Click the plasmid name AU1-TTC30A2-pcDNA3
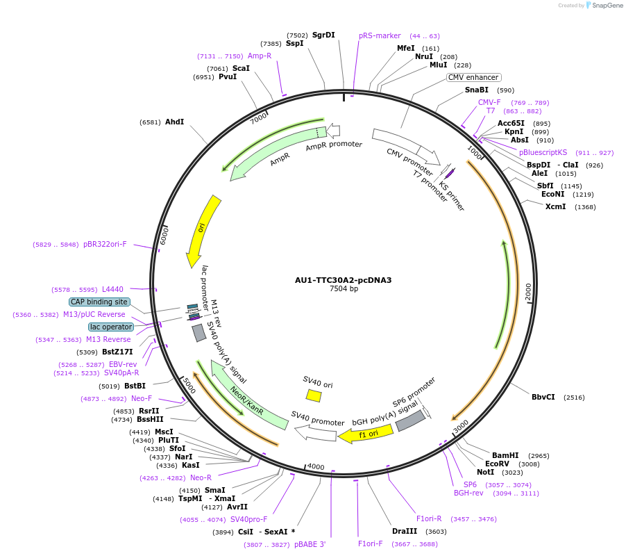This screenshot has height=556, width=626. point(343,280)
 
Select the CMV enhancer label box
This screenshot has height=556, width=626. point(473,78)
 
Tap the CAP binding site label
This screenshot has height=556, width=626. point(99,302)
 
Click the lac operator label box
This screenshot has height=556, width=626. point(111,327)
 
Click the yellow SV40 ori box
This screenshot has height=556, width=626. point(314,395)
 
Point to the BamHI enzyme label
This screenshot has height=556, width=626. point(505,455)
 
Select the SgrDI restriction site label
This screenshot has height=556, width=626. point(323,35)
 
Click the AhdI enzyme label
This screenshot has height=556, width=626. point(174,122)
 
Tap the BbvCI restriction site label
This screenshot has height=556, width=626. point(543,398)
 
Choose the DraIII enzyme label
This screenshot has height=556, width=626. point(404,531)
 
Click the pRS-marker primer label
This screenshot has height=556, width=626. point(380,35)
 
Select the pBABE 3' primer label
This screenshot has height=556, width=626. point(310,545)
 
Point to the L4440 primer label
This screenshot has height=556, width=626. point(112,289)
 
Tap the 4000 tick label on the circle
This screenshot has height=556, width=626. point(316,466)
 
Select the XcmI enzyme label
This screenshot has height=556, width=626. point(556,207)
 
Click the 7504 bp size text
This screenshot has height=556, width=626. point(344,289)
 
